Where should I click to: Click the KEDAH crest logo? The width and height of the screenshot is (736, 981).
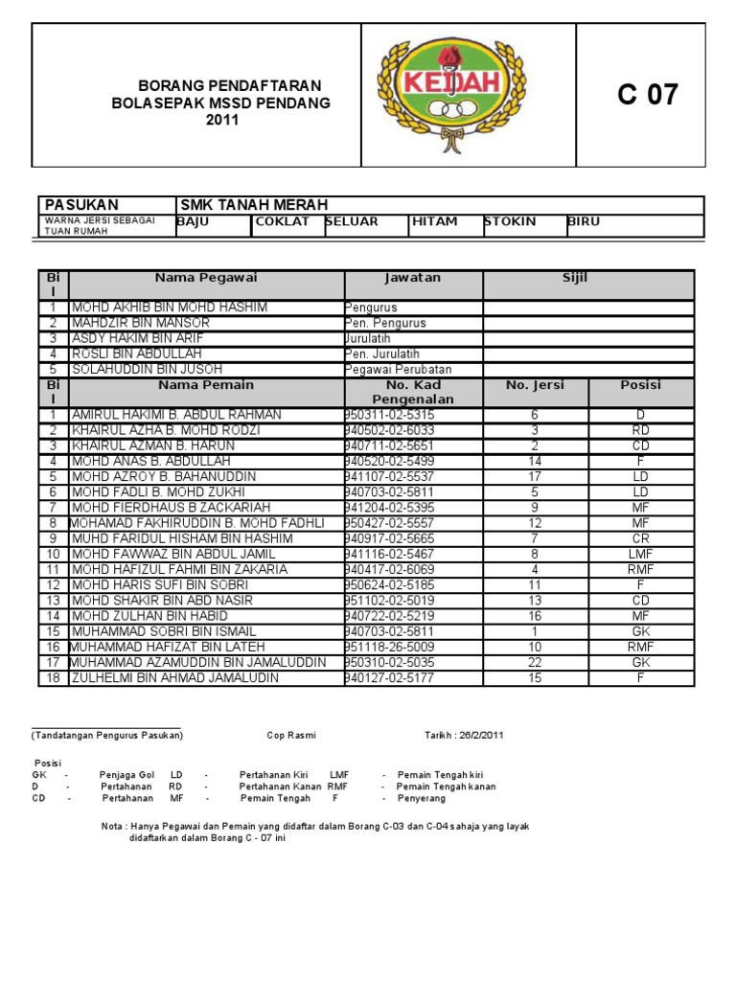[x=469, y=95]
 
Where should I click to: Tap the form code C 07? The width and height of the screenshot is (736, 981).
[x=648, y=95]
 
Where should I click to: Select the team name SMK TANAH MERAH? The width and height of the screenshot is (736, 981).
[x=254, y=205]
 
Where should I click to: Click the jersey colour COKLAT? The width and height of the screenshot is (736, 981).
[x=282, y=222]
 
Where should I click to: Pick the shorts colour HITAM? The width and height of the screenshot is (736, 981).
[x=434, y=222]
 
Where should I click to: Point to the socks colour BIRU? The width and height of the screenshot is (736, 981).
[x=584, y=222]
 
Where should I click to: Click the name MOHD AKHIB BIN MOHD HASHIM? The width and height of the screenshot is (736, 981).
[x=170, y=308]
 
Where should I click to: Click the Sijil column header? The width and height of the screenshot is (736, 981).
[x=575, y=278]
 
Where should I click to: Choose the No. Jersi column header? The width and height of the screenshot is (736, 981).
[x=535, y=385]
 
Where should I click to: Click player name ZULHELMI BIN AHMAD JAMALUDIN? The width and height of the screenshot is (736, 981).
[x=175, y=678]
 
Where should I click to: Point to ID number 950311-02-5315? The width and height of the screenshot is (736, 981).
[x=390, y=415]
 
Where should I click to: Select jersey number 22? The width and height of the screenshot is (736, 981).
[x=535, y=663]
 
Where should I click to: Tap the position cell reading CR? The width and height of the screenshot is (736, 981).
[x=641, y=538]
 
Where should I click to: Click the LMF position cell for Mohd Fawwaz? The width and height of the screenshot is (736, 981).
[x=641, y=554]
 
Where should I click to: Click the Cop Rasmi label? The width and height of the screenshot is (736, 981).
[x=291, y=736]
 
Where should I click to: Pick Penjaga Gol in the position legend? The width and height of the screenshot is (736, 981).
[x=126, y=773]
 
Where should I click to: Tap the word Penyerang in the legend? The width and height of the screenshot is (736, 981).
[x=422, y=798]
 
